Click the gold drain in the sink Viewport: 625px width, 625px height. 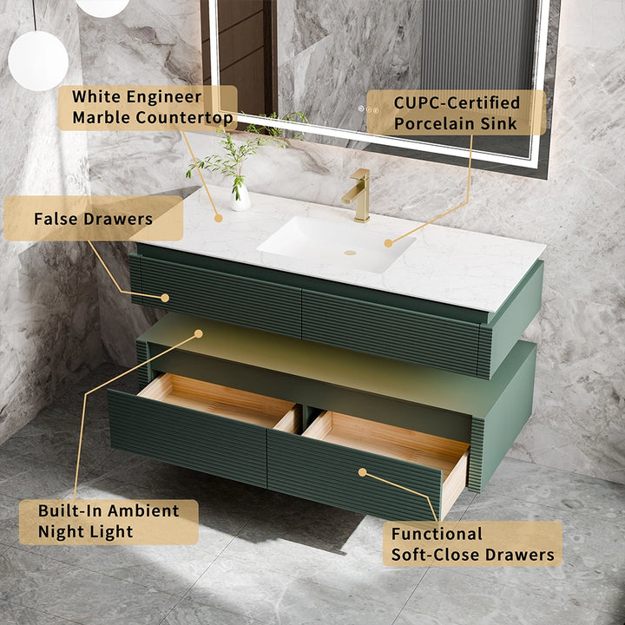tap(350, 253)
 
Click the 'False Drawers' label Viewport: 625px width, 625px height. tap(94, 218)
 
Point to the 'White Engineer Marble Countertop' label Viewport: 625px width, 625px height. tap(148, 108)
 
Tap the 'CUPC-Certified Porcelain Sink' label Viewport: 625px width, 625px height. tap(456, 113)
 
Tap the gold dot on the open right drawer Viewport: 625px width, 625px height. tap(362, 472)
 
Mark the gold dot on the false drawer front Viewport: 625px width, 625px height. tap(165, 298)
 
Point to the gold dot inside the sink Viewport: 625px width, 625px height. tap(388, 243)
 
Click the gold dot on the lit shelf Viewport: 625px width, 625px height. tap(199, 333)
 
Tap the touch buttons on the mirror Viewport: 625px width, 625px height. tap(370, 110)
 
